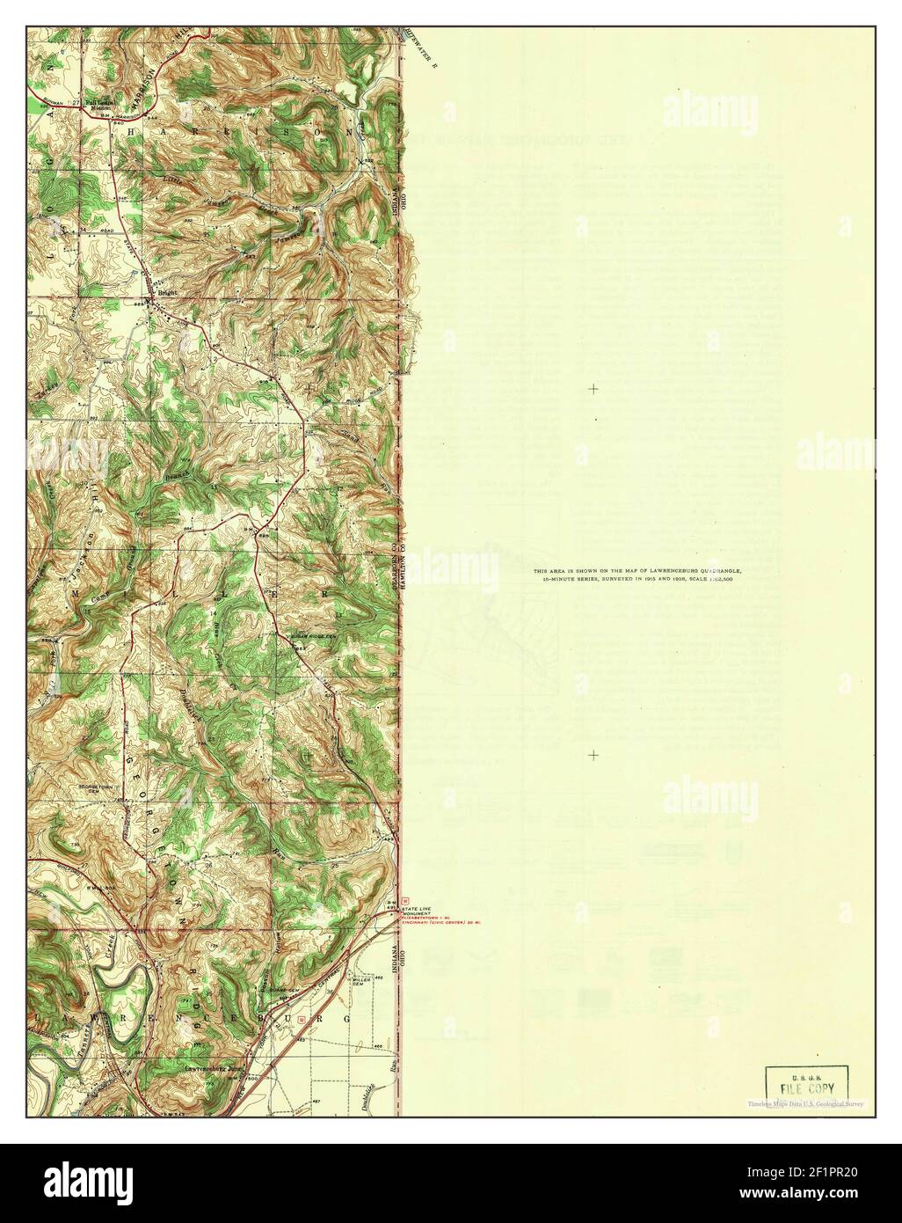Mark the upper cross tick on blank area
click(594, 388)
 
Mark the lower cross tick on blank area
click(594, 755)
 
